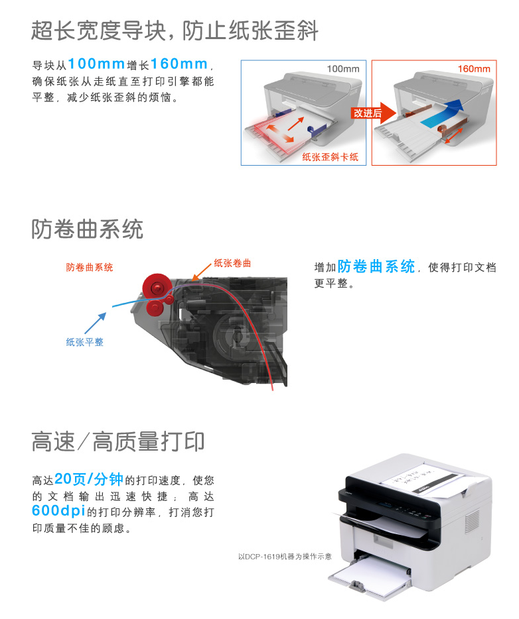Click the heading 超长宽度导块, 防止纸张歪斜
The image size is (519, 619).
coord(175,30)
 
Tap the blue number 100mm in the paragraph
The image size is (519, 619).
coord(96,64)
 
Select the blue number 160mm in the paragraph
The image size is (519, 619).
coord(179,64)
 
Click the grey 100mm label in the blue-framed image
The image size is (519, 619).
coord(343,69)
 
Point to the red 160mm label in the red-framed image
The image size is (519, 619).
coord(474,69)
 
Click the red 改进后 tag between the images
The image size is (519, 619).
coord(368,113)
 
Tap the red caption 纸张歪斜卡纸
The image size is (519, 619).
coord(331,157)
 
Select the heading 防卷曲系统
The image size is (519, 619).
coord(87,229)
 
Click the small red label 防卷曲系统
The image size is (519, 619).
coord(90,267)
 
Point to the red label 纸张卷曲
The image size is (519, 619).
coord(232,263)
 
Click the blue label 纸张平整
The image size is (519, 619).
coord(84,342)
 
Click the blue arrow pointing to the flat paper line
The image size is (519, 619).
coord(96,323)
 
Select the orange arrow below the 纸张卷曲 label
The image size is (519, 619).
coord(201,272)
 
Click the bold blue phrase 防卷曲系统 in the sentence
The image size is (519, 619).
coord(376,266)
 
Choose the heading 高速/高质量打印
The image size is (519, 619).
coord(117,441)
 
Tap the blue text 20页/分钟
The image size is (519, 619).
coord(89,479)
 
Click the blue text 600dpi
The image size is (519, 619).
coord(58,510)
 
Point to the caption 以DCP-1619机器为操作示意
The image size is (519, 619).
coord(285,556)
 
